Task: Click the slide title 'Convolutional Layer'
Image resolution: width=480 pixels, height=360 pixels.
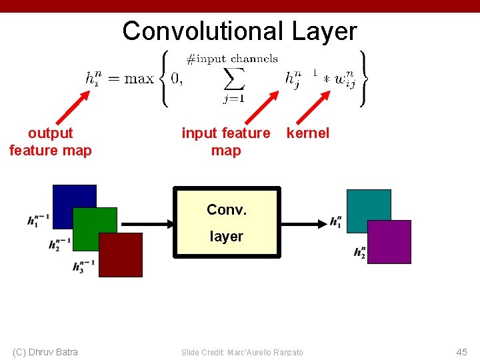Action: click(239, 31)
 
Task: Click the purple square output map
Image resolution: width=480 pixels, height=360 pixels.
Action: click(389, 242)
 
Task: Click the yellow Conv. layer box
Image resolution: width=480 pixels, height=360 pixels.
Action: click(226, 222)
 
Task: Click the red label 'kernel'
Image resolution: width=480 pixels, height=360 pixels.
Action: click(307, 133)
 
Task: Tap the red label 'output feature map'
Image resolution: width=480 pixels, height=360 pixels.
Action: click(51, 142)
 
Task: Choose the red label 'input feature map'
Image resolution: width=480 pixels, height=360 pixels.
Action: click(226, 142)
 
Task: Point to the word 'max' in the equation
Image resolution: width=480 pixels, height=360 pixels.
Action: click(139, 79)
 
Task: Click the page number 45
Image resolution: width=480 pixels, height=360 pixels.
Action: click(461, 352)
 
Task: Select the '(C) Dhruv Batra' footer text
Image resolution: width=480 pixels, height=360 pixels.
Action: click(45, 352)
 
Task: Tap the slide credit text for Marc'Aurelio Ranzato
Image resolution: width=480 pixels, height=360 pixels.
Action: click(242, 352)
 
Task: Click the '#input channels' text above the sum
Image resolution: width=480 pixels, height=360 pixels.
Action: click(232, 59)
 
